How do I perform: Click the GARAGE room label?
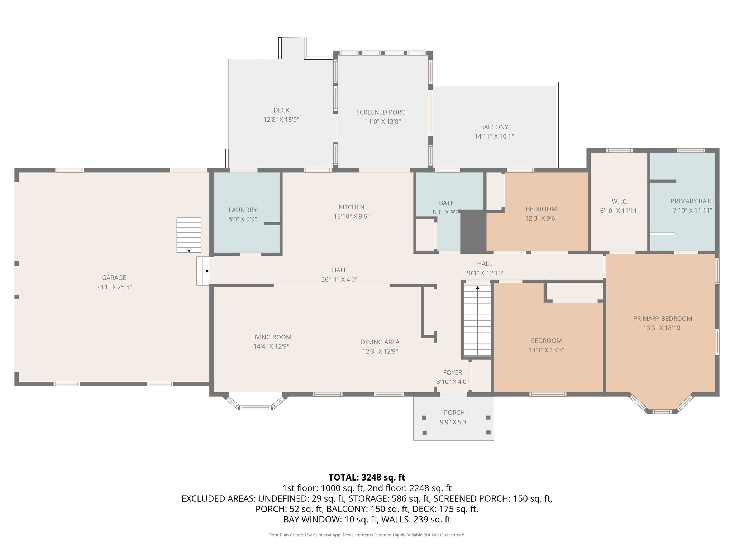tap(114, 278)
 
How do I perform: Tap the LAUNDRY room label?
tap(243, 210)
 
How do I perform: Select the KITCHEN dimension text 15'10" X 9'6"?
tap(352, 216)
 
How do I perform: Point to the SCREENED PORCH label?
tap(383, 112)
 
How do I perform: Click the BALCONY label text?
tap(494, 127)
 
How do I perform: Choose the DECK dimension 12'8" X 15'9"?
tap(281, 120)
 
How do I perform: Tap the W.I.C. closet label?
tap(620, 202)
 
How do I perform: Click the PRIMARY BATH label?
tap(692, 201)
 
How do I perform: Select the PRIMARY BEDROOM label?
tap(662, 318)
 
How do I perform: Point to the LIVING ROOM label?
tap(271, 337)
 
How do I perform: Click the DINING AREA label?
tap(380, 342)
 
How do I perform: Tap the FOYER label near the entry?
tap(452, 372)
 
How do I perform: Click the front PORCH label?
tap(454, 412)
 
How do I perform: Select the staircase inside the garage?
tap(189, 235)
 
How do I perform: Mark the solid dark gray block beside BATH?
tap(473, 231)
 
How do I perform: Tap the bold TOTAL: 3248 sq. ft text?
tap(367, 477)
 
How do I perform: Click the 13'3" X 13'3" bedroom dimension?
tap(546, 350)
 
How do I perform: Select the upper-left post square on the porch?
tap(424, 418)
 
